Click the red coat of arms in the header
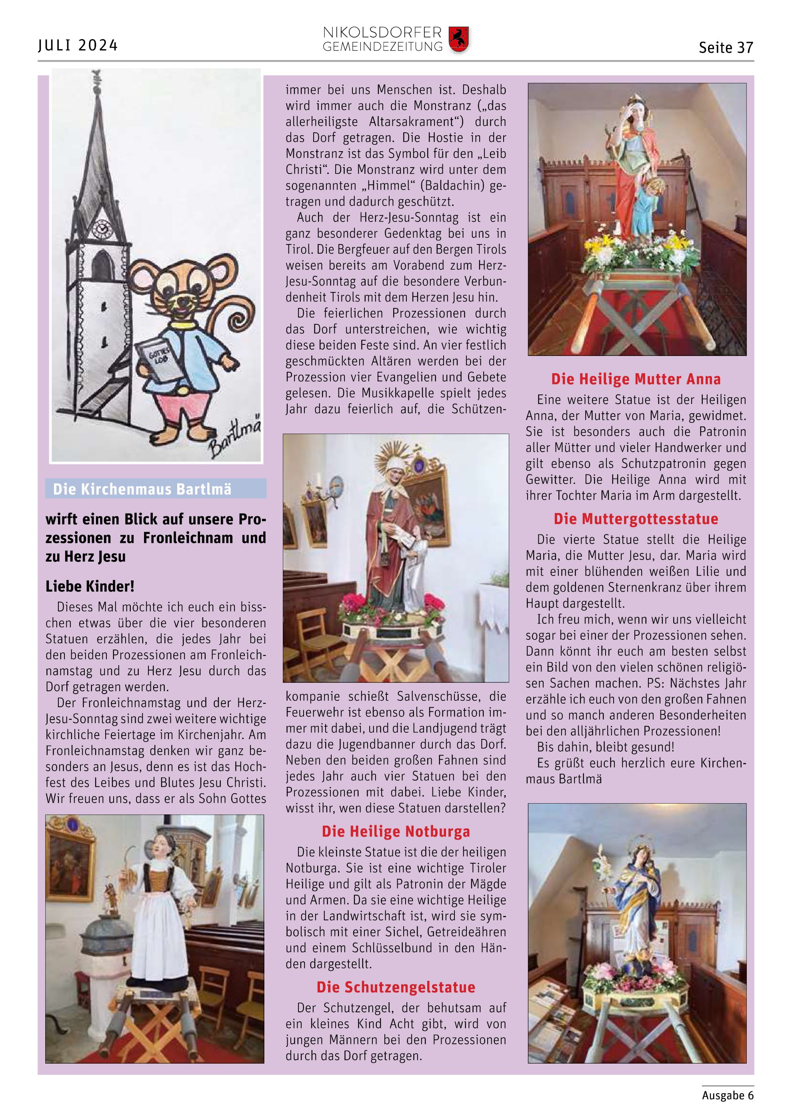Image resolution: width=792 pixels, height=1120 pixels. [458, 39]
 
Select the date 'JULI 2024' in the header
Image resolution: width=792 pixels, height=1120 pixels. [78, 45]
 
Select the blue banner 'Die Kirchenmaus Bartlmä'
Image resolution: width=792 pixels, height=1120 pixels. [156, 489]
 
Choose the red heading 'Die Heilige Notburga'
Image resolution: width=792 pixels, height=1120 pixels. [396, 831]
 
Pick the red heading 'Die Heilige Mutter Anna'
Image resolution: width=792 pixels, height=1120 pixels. [636, 379]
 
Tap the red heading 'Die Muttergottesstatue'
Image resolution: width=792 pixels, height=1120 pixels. [636, 518]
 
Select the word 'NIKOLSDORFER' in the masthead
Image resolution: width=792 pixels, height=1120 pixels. [382, 33]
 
